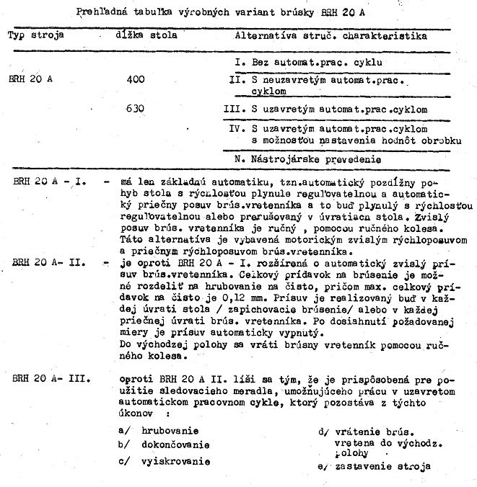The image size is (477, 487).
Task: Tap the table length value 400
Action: click(x=135, y=79)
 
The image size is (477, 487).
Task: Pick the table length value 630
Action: click(x=135, y=110)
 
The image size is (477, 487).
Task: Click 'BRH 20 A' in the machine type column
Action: click(x=31, y=79)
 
